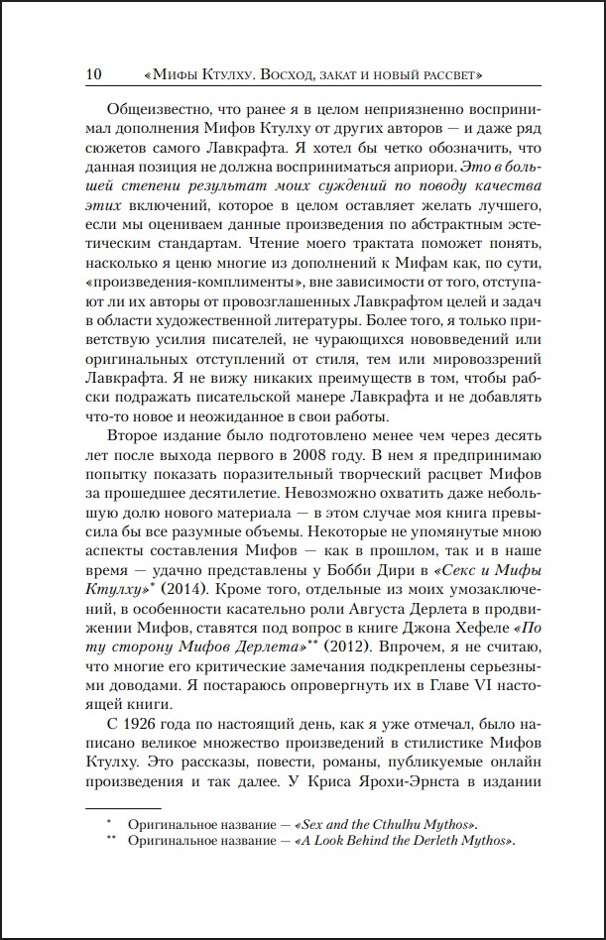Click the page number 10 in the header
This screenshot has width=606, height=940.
click(96, 74)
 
